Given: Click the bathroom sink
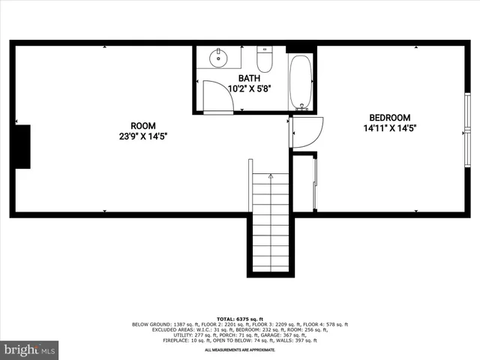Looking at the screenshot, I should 219,58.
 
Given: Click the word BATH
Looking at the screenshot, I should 249,78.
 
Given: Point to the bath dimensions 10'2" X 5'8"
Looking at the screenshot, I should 249,88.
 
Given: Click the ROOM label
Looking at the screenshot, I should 142,126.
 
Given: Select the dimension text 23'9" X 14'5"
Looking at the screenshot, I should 142,136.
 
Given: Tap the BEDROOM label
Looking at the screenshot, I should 389,118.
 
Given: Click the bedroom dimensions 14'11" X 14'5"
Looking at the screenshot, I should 389,128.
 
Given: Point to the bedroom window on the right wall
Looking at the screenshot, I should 466,118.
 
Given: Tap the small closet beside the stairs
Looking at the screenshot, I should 303,183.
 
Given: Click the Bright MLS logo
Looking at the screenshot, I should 30,350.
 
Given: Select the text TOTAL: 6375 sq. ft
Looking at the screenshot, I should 240,319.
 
